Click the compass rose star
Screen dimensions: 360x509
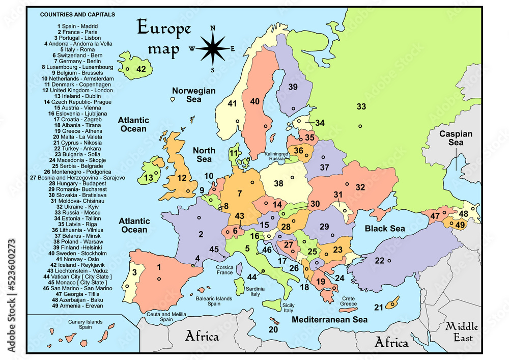213,48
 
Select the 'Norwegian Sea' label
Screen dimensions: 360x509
193,95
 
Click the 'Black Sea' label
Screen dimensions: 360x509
385,229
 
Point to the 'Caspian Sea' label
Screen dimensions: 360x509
456,139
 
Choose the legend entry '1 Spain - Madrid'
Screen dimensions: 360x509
77,26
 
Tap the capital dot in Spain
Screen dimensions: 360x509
159,279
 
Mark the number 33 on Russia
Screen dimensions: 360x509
361,107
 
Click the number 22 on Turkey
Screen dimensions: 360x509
379,261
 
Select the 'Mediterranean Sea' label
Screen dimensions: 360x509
329,320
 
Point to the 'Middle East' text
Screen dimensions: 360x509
459,333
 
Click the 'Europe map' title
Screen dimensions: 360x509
163,38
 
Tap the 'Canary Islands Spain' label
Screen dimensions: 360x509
86,324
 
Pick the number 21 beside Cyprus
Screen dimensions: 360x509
378,307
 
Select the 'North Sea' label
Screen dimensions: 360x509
204,154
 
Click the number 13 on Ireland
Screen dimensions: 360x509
148,178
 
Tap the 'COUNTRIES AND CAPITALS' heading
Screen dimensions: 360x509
77,15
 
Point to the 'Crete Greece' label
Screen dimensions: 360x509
349,300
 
